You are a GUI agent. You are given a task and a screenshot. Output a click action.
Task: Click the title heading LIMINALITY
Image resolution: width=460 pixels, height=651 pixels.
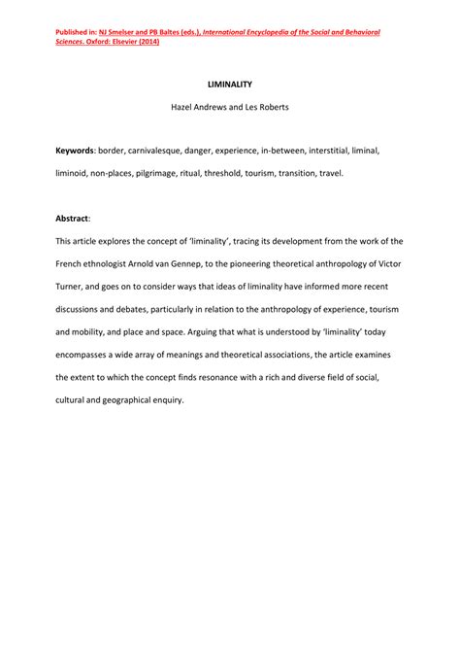[229, 85]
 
